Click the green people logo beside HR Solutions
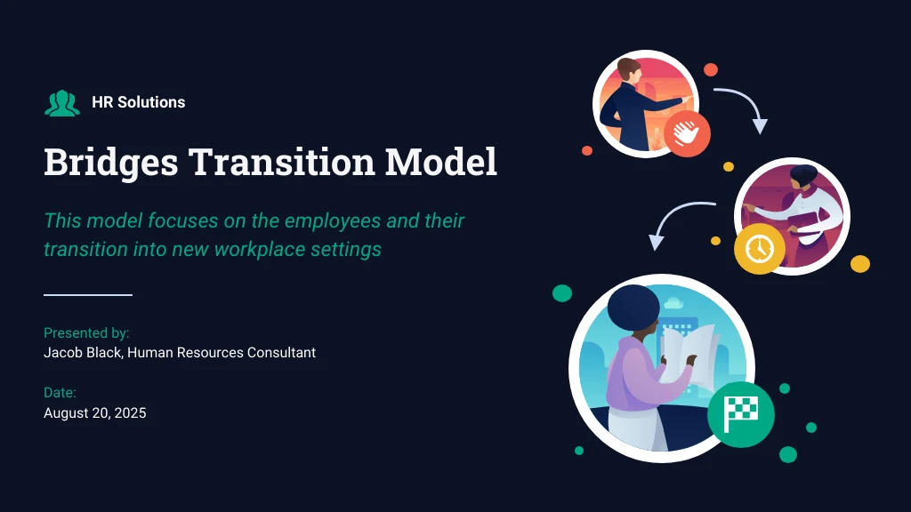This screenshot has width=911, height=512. [62, 103]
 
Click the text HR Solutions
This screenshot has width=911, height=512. [139, 102]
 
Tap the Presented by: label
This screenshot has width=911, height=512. [86, 333]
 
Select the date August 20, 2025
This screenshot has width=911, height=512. [95, 413]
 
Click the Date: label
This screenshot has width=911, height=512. [60, 393]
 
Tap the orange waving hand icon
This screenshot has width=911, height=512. [687, 134]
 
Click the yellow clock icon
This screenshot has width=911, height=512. [759, 249]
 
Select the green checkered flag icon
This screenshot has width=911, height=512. [740, 414]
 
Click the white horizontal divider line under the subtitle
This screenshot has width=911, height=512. [88, 294]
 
